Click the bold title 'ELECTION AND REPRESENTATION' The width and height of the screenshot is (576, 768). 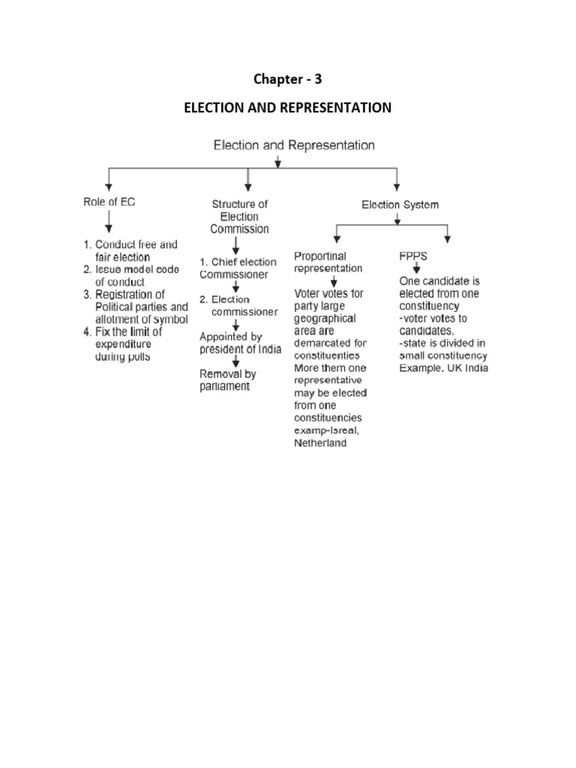tap(288, 108)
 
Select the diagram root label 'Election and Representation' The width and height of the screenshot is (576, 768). tap(294, 145)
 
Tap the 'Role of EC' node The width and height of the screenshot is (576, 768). tap(109, 202)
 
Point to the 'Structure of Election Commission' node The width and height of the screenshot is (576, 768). tap(239, 216)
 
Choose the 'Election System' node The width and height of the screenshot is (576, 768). tap(400, 204)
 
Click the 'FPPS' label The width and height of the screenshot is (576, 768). tap(412, 256)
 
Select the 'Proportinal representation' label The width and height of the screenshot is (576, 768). tap(328, 262)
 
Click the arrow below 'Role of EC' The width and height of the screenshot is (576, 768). tap(109, 223)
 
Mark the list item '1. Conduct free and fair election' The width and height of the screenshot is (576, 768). tap(130, 250)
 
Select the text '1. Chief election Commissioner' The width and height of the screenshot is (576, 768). tap(237, 268)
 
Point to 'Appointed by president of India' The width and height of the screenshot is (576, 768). tap(240, 343)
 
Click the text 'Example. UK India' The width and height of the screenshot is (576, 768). tap(443, 369)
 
